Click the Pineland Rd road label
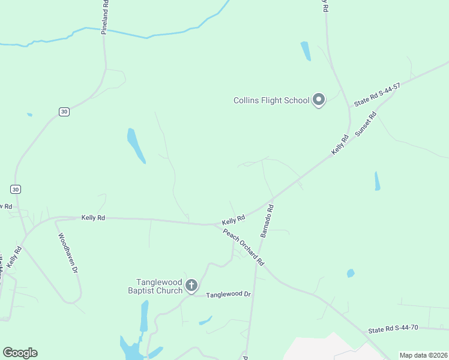(x=104, y=17)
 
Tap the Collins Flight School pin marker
(x=319, y=100)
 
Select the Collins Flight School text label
(x=271, y=100)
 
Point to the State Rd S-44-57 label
(x=377, y=95)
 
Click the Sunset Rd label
(x=365, y=125)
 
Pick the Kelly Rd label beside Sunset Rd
(x=340, y=146)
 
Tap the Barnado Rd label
(x=267, y=221)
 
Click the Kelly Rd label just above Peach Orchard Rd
(x=234, y=220)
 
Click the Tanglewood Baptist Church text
(x=159, y=286)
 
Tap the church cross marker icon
(x=191, y=286)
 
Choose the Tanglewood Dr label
(x=228, y=295)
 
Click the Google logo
(x=20, y=353)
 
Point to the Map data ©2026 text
(x=423, y=355)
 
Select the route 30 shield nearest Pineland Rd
(x=64, y=111)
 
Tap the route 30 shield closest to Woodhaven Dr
(x=16, y=189)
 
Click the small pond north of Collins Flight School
(x=306, y=51)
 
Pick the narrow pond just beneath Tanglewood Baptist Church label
(x=144, y=316)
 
